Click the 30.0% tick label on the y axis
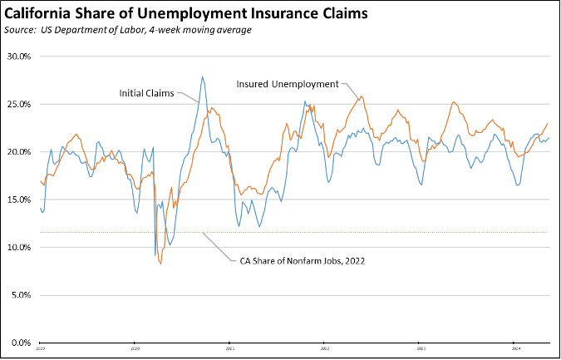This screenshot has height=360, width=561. point(18,57)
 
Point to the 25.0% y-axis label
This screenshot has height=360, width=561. point(18,105)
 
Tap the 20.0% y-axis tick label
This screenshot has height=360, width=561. point(18,152)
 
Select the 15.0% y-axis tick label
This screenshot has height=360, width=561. point(18,200)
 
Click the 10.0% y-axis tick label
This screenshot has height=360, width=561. point(18,248)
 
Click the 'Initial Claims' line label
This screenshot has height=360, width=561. point(146,93)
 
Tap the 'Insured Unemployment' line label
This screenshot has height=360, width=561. point(287,84)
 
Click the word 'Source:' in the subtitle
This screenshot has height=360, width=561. point(23,30)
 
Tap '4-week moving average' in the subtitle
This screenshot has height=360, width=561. point(209,30)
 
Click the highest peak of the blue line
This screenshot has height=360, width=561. point(202,76)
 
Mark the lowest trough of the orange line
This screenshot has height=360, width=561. point(160,264)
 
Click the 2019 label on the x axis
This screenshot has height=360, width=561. point(40,348)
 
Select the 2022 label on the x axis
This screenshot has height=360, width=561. point(325,348)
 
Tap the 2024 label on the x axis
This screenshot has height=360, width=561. point(514,348)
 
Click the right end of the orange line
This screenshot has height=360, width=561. point(548,123)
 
